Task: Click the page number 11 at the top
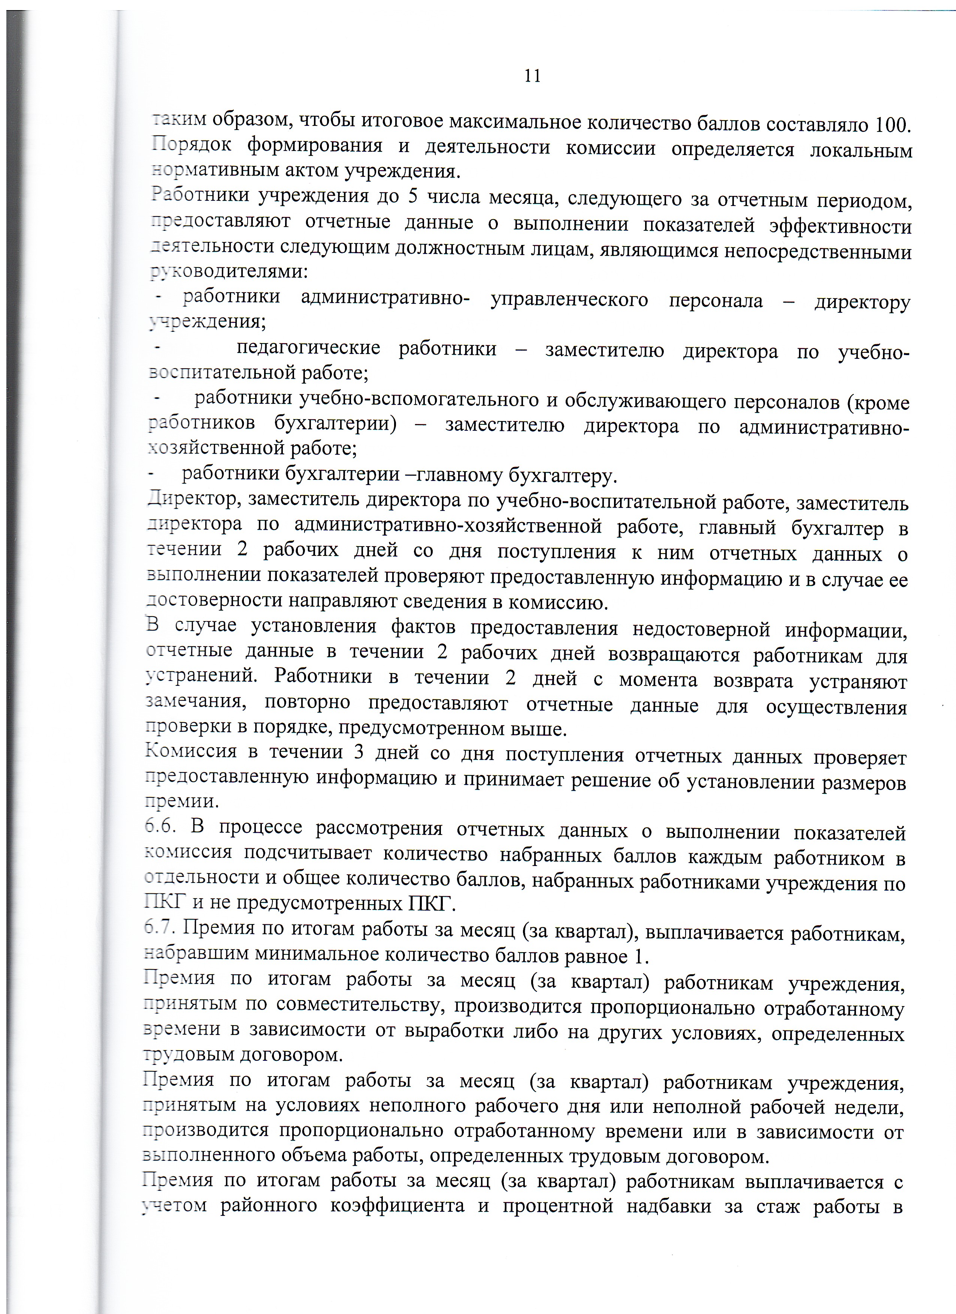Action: point(532,76)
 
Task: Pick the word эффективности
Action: point(840,226)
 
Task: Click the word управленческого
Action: point(569,300)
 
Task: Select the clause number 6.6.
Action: point(160,827)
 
